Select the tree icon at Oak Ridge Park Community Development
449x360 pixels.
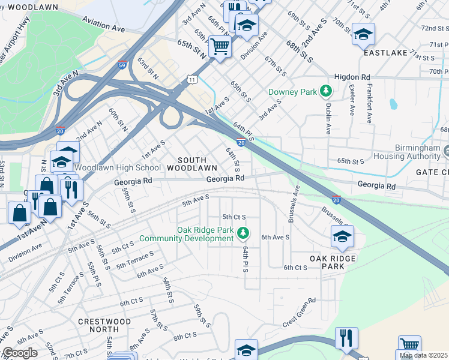[243, 232]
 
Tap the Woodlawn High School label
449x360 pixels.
[118, 167]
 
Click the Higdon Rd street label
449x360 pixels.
[352, 77]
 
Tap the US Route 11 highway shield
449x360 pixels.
[191, 79]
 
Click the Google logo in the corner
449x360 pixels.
[19, 353]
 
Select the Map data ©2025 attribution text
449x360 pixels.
[424, 355]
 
